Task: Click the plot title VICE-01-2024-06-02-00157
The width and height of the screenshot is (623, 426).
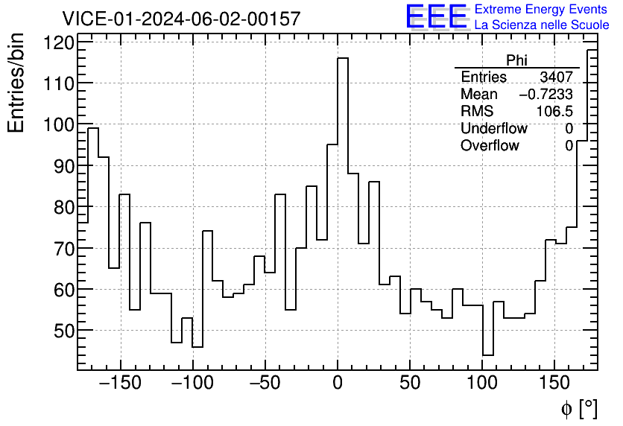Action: pyautogui.click(x=181, y=19)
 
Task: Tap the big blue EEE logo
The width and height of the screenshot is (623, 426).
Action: pyautogui.click(x=437, y=17)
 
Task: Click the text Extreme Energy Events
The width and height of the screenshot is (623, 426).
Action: pyautogui.click(x=541, y=9)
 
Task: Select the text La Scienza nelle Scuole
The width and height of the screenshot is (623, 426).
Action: pyautogui.click(x=542, y=25)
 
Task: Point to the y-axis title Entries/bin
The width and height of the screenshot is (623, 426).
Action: pyautogui.click(x=16, y=83)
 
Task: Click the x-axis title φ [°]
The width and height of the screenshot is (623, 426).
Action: pyautogui.click(x=579, y=408)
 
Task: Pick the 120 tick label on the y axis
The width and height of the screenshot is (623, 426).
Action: pyautogui.click(x=59, y=42)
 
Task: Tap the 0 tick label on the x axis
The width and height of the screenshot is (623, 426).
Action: pyautogui.click(x=338, y=384)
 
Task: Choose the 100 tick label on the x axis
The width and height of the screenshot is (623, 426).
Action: pyautogui.click(x=482, y=384)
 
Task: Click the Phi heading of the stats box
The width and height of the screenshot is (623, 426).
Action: pyautogui.click(x=517, y=60)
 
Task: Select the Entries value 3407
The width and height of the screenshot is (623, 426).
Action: pyautogui.click(x=556, y=77)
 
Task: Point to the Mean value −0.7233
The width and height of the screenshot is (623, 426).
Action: pyautogui.click(x=545, y=95)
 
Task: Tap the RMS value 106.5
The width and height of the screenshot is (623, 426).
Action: pyautogui.click(x=554, y=112)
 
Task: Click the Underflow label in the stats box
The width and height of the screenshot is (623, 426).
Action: pyautogui.click(x=493, y=129)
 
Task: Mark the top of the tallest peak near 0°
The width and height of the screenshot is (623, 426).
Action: pyautogui.click(x=343, y=58)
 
